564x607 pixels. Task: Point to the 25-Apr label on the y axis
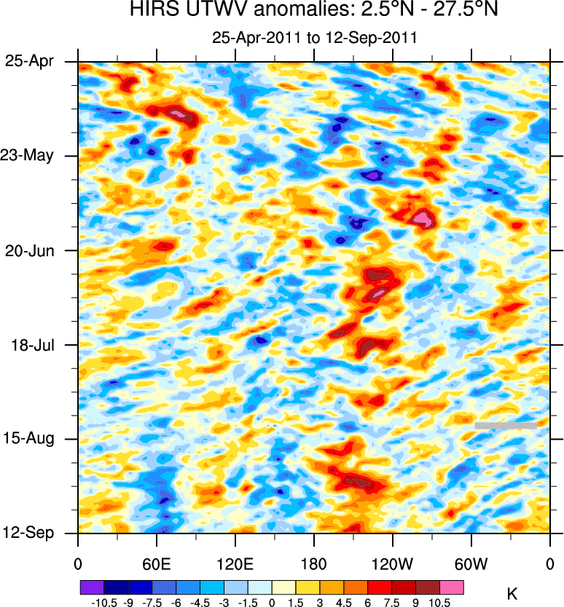31,62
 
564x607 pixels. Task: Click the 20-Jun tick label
31,250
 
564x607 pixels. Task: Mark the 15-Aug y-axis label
31,438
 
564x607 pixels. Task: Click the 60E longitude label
156,563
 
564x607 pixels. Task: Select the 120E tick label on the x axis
235,563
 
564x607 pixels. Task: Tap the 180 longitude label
313,563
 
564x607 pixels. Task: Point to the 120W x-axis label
392,563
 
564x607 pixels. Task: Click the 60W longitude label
471,563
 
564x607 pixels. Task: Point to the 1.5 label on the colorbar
296,602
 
